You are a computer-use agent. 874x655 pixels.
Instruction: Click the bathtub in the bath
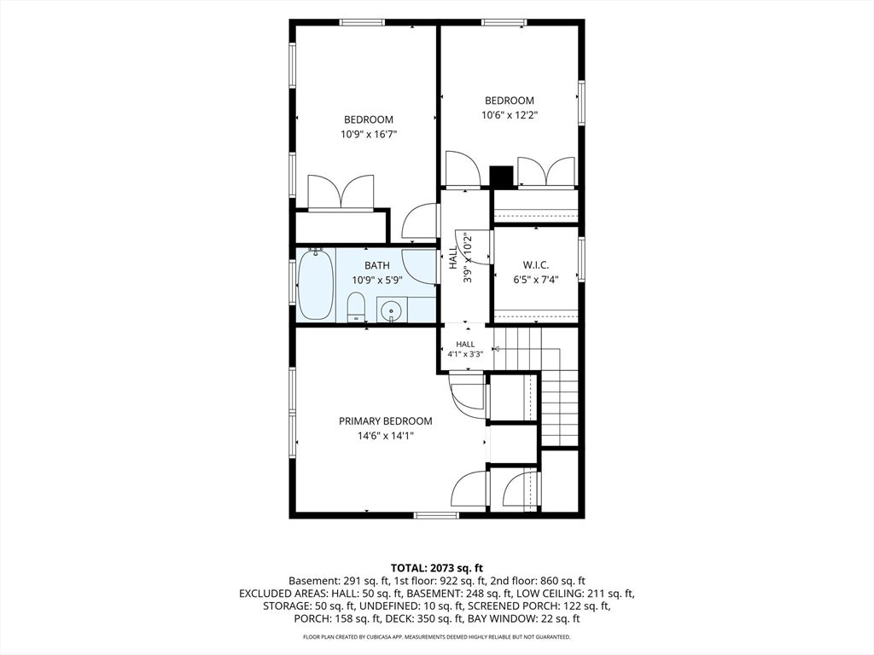point(316,284)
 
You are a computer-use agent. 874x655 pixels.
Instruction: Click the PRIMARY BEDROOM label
point(385,421)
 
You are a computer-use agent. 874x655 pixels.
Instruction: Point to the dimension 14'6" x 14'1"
point(386,436)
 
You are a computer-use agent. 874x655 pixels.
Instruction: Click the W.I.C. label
point(536,265)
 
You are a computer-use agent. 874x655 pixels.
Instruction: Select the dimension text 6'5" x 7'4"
point(536,280)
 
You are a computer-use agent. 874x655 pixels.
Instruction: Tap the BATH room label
point(377,266)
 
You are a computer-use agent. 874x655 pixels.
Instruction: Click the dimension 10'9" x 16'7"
point(369,134)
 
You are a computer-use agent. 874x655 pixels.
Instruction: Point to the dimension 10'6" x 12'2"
point(510,115)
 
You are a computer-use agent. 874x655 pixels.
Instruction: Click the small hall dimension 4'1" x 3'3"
point(465,354)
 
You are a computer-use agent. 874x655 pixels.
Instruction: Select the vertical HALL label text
point(453,258)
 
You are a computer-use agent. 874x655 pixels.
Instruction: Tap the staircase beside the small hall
point(538,385)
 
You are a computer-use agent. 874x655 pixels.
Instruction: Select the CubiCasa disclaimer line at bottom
point(437,636)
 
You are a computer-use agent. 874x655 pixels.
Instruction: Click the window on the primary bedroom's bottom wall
point(437,515)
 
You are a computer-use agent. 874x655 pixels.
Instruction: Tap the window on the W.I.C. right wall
point(581,259)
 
